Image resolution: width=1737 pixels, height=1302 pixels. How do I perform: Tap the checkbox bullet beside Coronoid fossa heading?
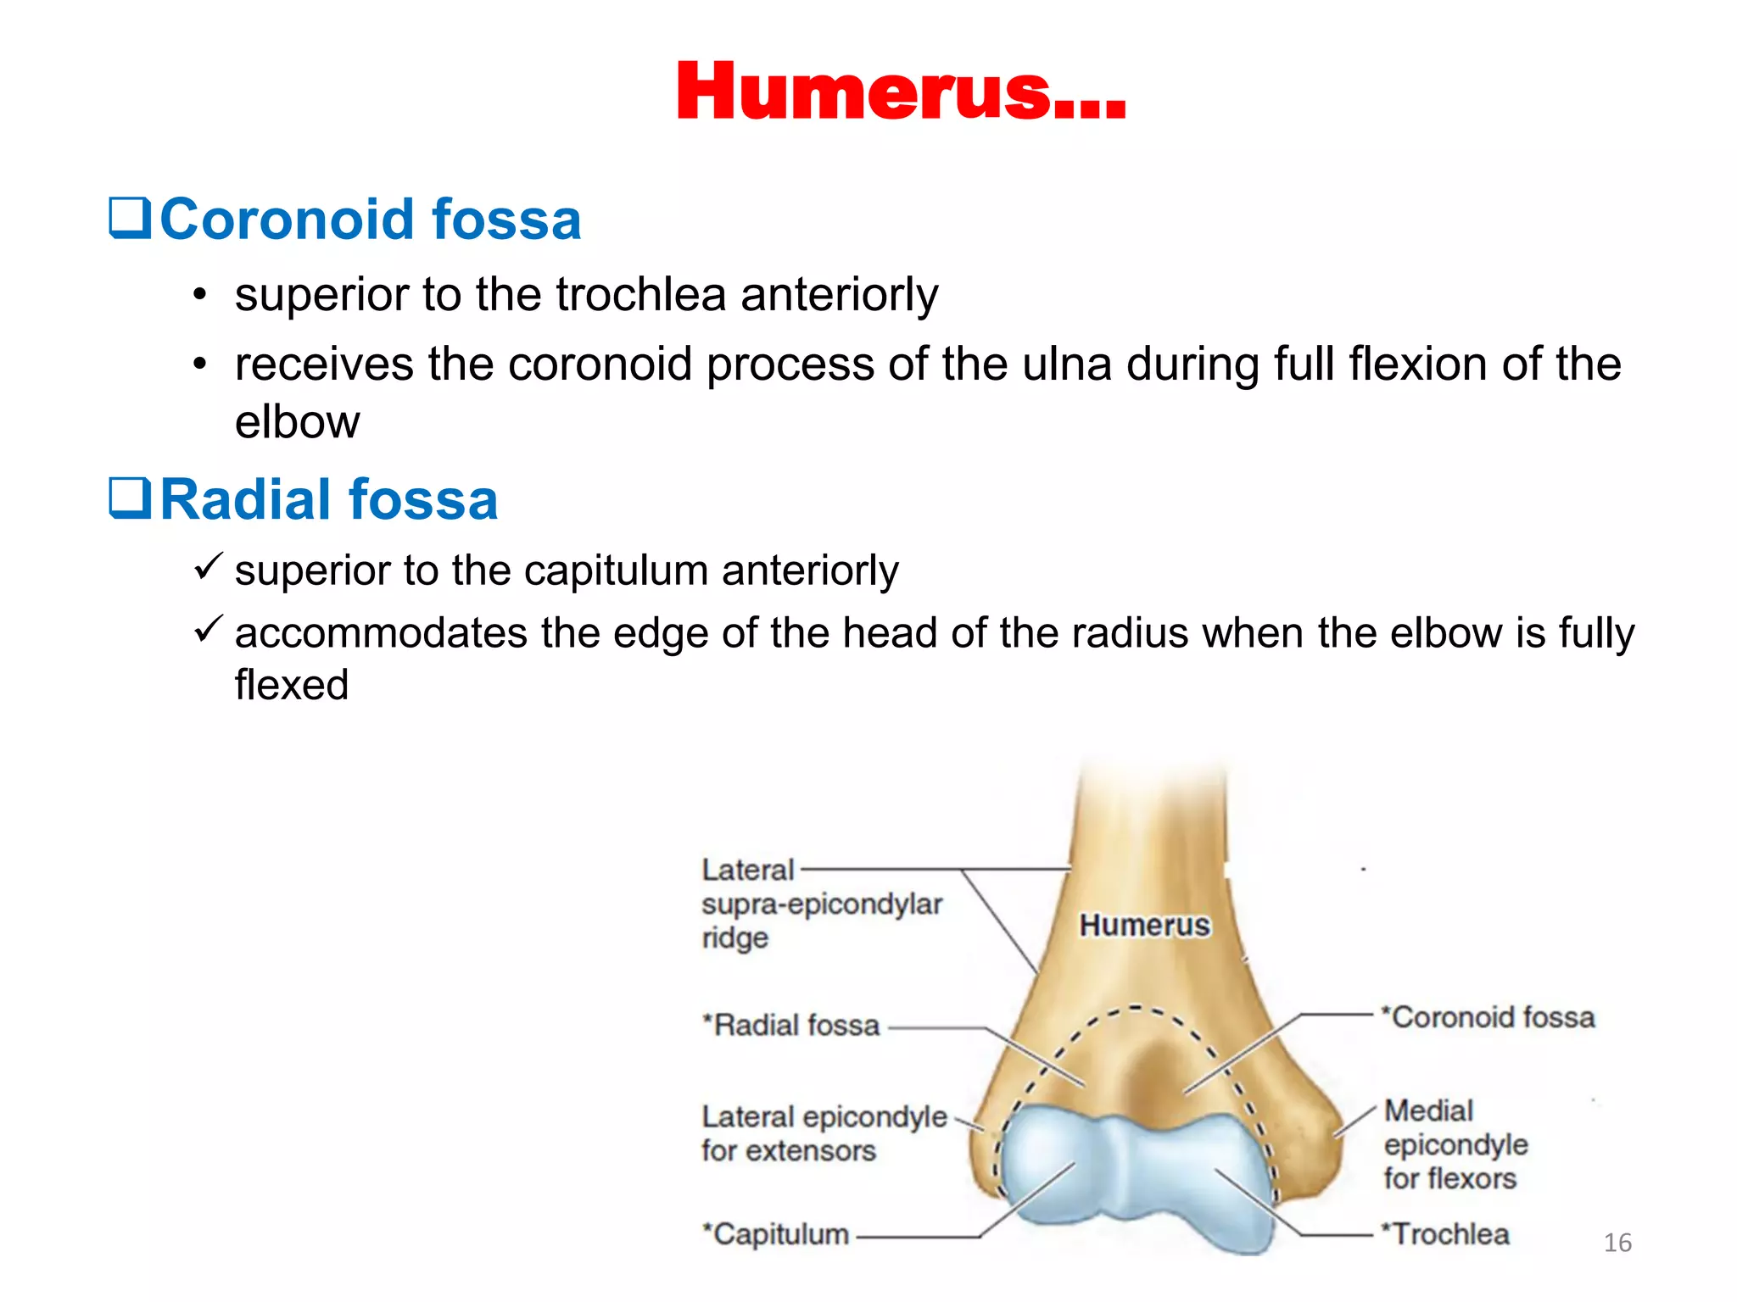point(130,218)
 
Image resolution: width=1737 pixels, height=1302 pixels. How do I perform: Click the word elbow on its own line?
point(297,422)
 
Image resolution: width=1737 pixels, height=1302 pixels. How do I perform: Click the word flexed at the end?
point(292,685)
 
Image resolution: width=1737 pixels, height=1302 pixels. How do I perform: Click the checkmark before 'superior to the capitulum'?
point(208,566)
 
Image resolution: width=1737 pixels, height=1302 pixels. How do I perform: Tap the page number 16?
point(1617,1243)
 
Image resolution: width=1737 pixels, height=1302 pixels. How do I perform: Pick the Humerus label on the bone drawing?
point(1144,925)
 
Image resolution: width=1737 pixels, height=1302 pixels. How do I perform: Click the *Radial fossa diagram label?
point(790,1025)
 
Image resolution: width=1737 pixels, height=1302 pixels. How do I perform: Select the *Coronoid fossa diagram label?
point(1488,1016)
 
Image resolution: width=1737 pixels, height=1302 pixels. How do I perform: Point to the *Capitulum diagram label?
point(776,1234)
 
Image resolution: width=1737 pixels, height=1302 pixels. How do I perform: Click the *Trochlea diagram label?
point(1445,1234)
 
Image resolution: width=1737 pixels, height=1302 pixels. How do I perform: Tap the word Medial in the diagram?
point(1428,1110)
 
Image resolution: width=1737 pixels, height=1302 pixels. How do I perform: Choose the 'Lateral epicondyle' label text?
point(824,1117)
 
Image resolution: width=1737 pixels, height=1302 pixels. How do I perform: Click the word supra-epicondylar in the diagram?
point(821,904)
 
